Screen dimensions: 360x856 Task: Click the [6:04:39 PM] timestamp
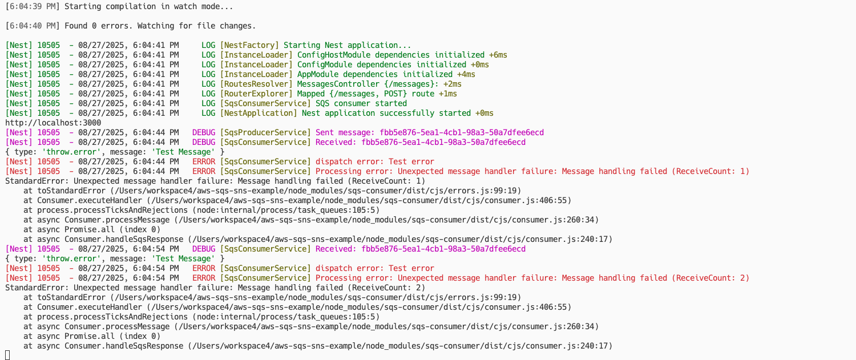coord(32,7)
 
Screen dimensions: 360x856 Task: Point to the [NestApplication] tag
coord(259,114)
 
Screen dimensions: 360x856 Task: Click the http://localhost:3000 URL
coord(53,123)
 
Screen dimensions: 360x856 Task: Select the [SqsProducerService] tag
coord(265,133)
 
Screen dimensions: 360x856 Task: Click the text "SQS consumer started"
coord(361,104)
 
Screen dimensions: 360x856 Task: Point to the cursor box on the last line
coord(7,355)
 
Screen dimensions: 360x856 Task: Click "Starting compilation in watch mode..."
coord(149,7)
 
